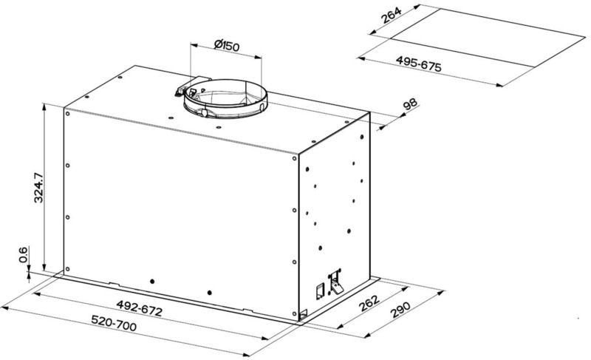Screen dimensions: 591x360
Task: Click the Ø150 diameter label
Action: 227,45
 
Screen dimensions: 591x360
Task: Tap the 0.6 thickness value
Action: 24,255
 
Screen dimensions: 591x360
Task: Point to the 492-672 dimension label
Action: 139,308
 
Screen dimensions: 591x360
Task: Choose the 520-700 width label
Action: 114,323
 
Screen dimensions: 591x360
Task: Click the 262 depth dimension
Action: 369,302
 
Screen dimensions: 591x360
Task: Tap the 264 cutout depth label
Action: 392,15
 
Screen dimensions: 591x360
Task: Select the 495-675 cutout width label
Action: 418,64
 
